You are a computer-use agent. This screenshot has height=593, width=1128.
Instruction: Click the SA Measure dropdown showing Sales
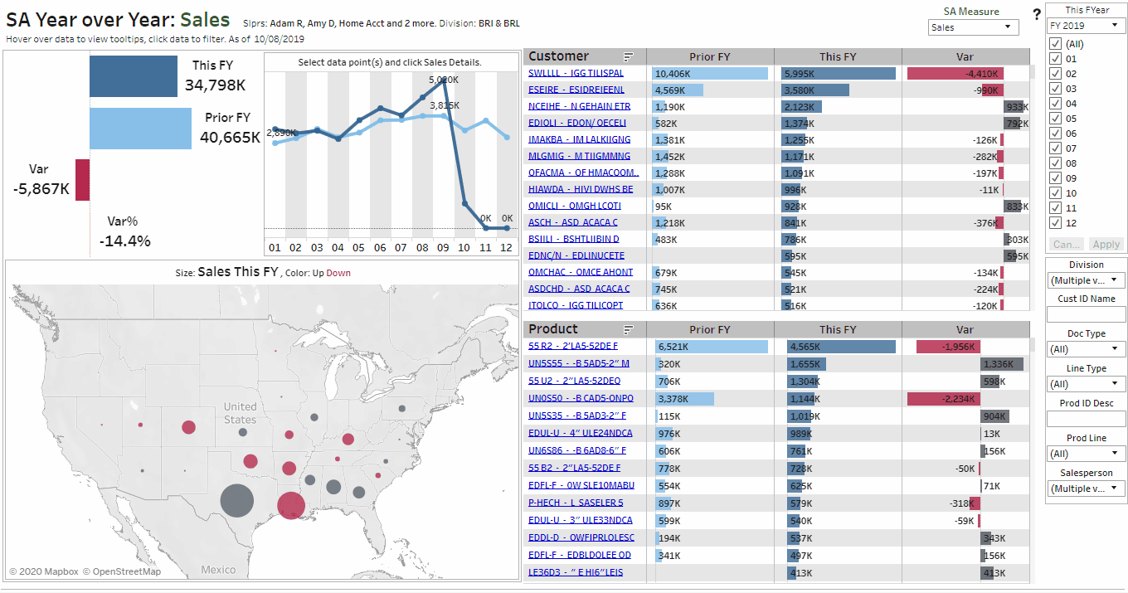pyautogui.click(x=973, y=27)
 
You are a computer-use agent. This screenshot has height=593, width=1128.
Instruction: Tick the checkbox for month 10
pyautogui.click(x=1055, y=193)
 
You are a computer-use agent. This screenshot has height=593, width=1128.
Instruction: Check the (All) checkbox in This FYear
pyautogui.click(x=1055, y=44)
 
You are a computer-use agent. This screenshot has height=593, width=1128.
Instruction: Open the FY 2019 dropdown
pyautogui.click(x=1085, y=26)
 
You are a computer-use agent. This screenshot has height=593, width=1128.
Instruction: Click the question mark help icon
pyautogui.click(x=1037, y=14)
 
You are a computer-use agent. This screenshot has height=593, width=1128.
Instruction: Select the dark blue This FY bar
pyautogui.click(x=134, y=76)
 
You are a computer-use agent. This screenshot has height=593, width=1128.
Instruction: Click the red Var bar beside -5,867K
pyautogui.click(x=82, y=179)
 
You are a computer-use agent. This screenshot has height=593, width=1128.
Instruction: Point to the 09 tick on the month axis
pyautogui.click(x=443, y=248)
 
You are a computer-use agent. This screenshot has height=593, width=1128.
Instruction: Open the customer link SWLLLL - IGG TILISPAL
pyautogui.click(x=576, y=73)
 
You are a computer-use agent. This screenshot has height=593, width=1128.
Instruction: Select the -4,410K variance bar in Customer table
pyautogui.click(x=955, y=73)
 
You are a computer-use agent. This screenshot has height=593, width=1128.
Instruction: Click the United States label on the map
pyautogui.click(x=240, y=412)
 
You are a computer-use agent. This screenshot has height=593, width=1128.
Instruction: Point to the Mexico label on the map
pyautogui.click(x=219, y=570)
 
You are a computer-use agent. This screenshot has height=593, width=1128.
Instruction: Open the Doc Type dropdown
pyautogui.click(x=1086, y=349)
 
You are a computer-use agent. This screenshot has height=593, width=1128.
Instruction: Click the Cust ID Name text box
pyautogui.click(x=1086, y=314)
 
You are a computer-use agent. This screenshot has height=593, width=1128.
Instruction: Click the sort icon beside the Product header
pyautogui.click(x=629, y=329)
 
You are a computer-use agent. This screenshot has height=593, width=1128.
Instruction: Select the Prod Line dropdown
pyautogui.click(x=1086, y=454)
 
